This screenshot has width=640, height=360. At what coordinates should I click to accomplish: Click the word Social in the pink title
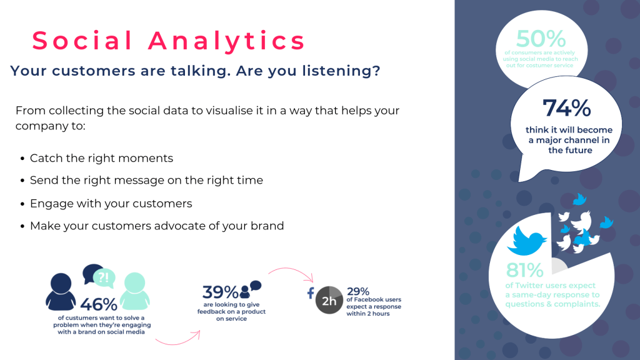(82, 41)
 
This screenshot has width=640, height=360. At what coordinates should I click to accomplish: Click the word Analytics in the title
(227, 41)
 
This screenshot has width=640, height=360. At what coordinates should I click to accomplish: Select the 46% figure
(99, 304)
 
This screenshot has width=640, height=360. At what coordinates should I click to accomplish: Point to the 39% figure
(220, 292)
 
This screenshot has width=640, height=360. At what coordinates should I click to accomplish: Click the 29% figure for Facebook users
(358, 291)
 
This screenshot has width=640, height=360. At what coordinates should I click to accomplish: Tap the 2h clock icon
(329, 301)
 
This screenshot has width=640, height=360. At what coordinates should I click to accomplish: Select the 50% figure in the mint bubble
(541, 39)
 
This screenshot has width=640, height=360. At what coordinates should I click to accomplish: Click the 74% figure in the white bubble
(566, 108)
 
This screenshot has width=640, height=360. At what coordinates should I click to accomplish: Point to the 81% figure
(524, 271)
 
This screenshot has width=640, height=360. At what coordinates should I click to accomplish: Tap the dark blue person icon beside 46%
(61, 292)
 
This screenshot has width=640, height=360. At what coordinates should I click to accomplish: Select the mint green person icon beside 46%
(134, 292)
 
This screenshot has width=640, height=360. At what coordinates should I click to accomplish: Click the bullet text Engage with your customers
(111, 204)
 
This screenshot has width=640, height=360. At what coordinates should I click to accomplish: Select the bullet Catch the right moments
(101, 158)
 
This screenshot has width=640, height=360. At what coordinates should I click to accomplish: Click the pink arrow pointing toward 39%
(178, 339)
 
